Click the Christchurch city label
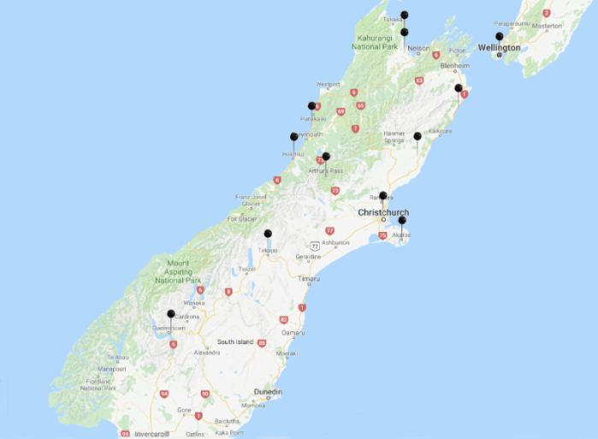click(x=383, y=212)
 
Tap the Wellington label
click(x=499, y=48)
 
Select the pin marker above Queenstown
click(x=170, y=314)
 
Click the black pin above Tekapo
click(x=268, y=234)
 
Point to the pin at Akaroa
click(x=402, y=221)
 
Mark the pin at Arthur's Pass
click(x=326, y=157)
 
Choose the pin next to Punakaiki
click(x=312, y=106)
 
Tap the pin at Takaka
click(x=405, y=15)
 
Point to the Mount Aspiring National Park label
click(x=178, y=271)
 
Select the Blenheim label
click(x=455, y=65)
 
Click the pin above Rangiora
click(x=383, y=196)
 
